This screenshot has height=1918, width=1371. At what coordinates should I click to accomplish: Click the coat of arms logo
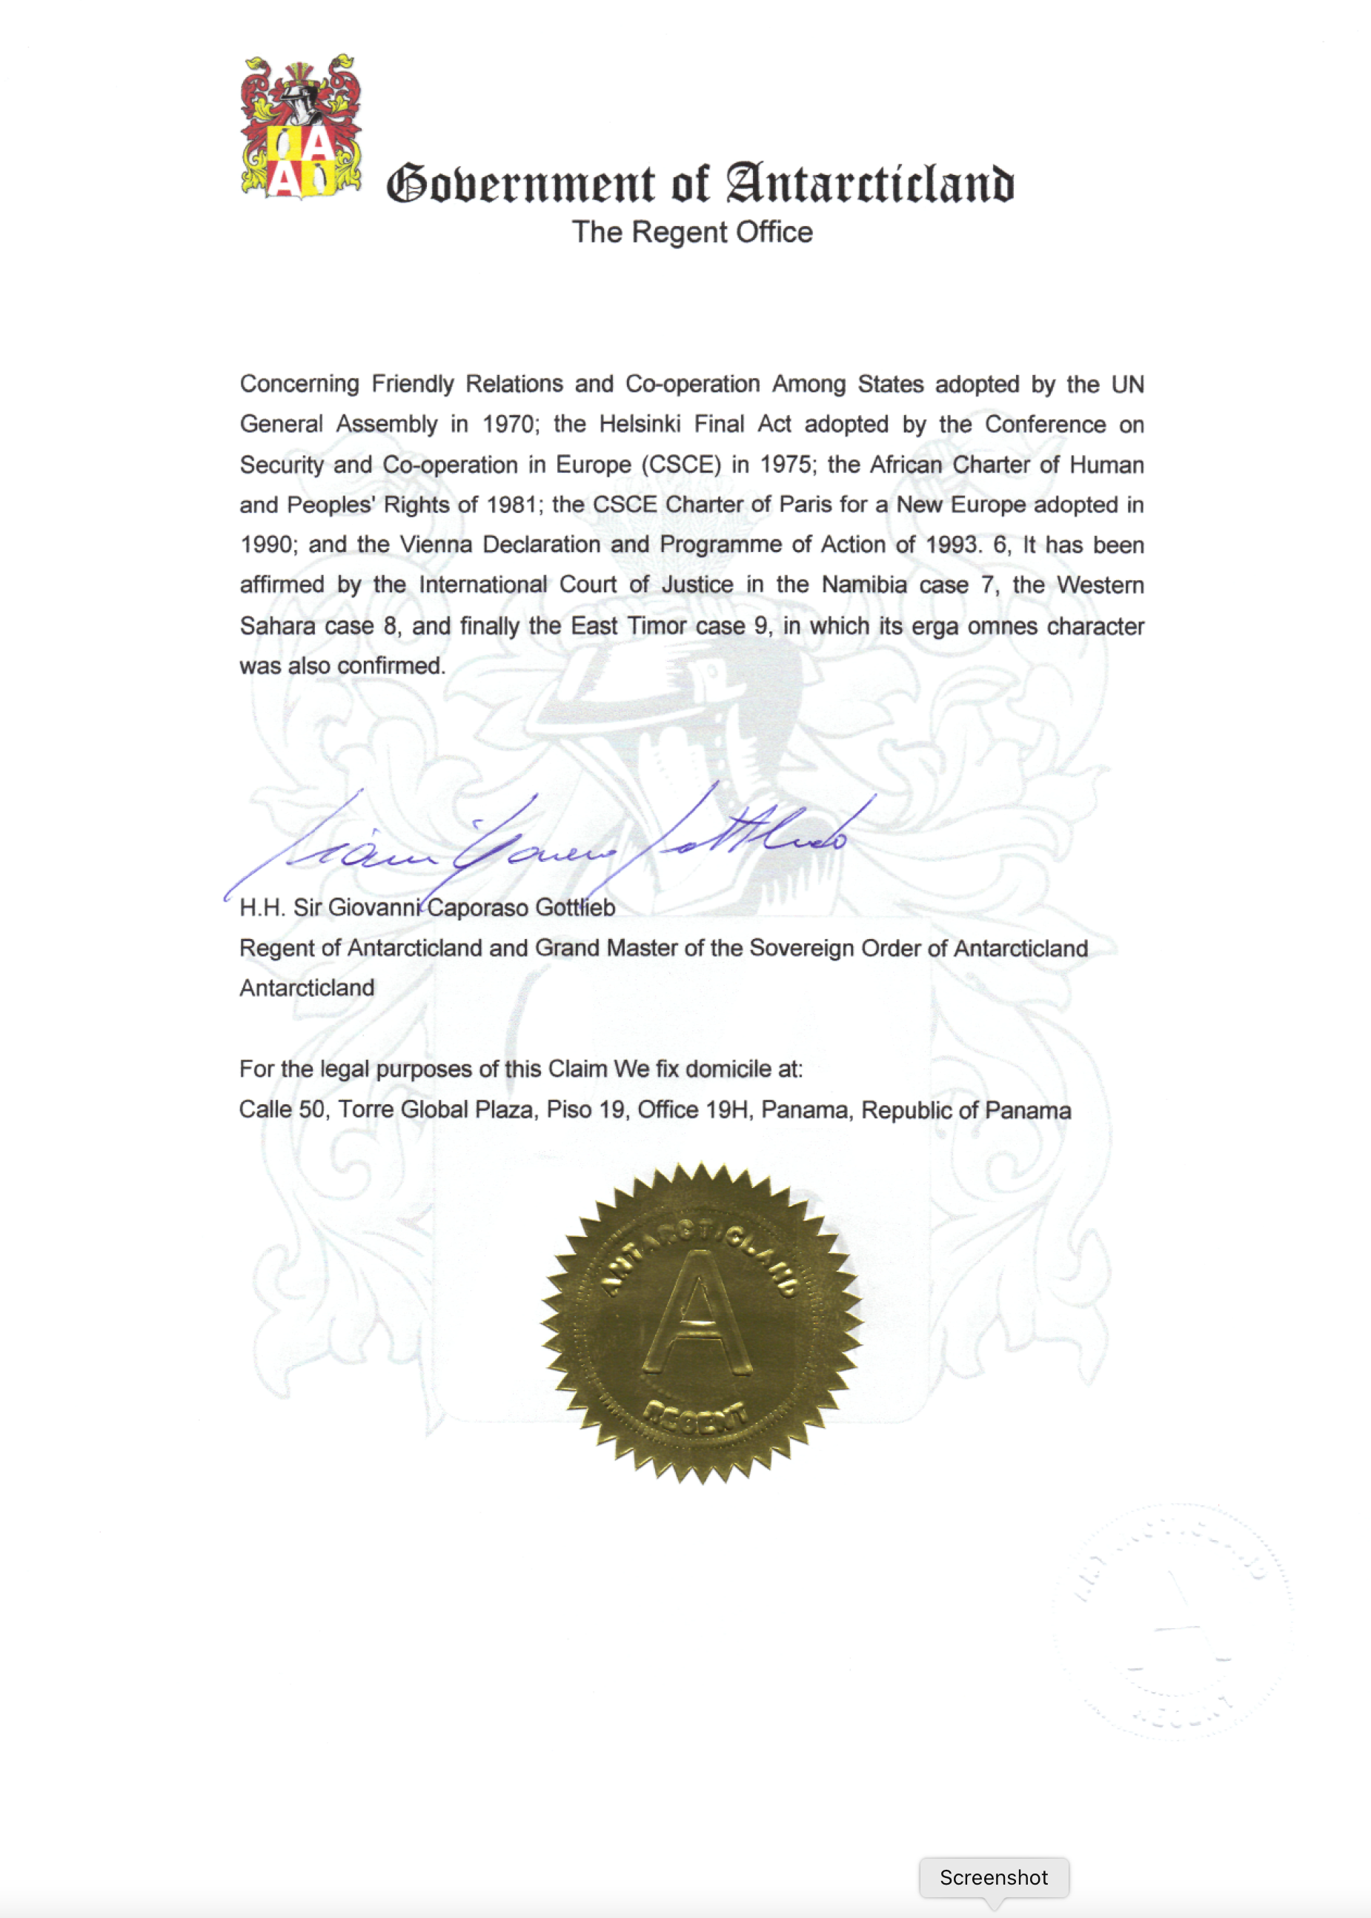[x=301, y=127]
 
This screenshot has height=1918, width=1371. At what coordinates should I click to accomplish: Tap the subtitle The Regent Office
[x=692, y=232]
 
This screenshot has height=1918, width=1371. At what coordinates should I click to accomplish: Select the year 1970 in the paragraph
[x=508, y=424]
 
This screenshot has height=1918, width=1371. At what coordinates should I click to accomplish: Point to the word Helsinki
[x=640, y=424]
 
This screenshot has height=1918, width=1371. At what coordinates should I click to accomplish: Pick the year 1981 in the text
[x=512, y=505]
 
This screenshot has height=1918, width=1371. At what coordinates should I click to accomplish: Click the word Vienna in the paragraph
[x=435, y=545]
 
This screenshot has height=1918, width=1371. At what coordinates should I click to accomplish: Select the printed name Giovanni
[x=374, y=908]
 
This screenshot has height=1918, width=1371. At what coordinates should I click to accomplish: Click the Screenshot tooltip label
[x=994, y=1877]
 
